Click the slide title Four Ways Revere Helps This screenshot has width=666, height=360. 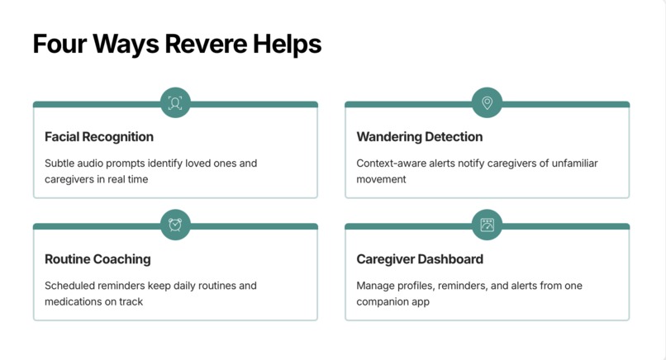(177, 44)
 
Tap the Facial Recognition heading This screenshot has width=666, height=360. (99, 137)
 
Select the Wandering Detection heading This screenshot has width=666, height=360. (419, 137)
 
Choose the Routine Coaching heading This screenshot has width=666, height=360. (98, 259)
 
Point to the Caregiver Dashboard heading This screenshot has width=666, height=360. (420, 259)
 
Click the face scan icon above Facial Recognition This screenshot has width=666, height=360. (175, 103)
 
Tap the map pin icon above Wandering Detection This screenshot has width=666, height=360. (487, 103)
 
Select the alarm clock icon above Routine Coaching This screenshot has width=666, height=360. (175, 225)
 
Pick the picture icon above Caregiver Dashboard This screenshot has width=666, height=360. (487, 225)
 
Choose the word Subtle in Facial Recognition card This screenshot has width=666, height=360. (60, 163)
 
